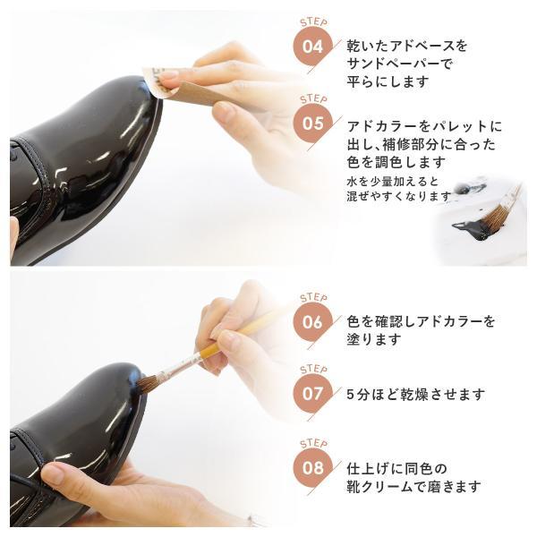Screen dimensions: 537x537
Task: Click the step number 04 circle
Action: [x=312, y=47]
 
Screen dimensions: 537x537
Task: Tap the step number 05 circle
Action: [x=312, y=124]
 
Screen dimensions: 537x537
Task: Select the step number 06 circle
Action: [x=312, y=322]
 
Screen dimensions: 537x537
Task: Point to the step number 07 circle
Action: [x=312, y=394]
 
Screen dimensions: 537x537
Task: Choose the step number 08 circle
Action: [x=312, y=467]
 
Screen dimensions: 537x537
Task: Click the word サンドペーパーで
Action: [x=399, y=64]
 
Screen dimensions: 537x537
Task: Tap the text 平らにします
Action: [x=388, y=81]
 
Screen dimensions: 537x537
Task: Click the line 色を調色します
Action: [x=396, y=162]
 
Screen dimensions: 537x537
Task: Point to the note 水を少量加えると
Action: [x=393, y=181]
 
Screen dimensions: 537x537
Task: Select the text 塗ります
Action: [x=373, y=339]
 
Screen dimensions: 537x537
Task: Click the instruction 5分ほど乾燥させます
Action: [x=416, y=395]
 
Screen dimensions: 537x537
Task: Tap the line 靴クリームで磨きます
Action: [x=413, y=486]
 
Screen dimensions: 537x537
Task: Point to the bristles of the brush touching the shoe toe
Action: [x=147, y=384]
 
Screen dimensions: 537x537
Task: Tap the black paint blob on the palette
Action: [x=470, y=229]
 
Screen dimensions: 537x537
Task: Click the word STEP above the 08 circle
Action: [x=313, y=444]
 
